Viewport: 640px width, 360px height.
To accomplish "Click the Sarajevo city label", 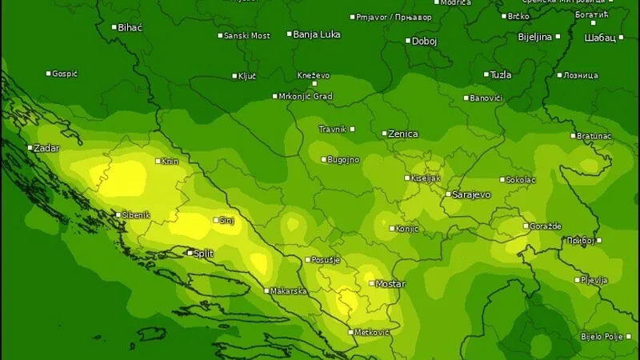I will coord(471,194).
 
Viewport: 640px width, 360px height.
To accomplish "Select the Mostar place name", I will coord(390,284).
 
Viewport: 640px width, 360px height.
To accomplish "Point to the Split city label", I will coord(204,253).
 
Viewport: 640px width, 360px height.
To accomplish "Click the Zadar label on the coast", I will coord(46,148).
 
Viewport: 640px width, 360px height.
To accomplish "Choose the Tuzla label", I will coord(500,74).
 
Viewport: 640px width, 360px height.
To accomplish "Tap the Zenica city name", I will coord(402,134).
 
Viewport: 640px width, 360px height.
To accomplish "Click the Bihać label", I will coord(130,27).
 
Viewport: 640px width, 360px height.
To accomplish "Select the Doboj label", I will coord(424,41).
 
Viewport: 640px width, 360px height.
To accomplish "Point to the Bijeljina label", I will coord(534,37).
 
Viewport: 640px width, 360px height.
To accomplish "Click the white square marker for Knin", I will coord(158,161).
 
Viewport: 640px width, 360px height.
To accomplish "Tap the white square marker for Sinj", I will coord(216,220).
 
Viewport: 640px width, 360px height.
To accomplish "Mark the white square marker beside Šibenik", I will coord(117,214).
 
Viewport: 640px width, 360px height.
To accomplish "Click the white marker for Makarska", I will coord(266,290).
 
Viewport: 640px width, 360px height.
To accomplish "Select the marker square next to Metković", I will coord(350,332).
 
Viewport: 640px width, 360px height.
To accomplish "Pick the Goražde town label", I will coord(546,226).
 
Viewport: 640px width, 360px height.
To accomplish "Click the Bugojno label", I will coord(343,159).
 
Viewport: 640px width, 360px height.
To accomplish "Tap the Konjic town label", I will coord(407,228).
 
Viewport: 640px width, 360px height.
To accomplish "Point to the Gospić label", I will coord(65,74).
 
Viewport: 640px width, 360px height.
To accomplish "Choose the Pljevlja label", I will coord(594,280).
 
